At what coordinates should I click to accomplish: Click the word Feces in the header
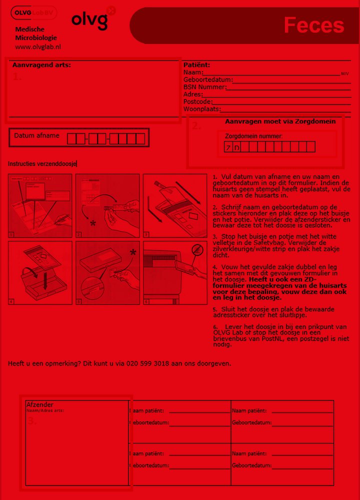313,25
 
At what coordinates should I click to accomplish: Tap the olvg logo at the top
90,20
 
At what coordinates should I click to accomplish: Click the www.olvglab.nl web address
38,47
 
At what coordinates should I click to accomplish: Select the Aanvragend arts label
41,65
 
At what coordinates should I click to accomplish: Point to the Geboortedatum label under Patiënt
208,80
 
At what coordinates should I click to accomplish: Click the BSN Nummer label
204,87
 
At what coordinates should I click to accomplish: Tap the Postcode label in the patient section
197,101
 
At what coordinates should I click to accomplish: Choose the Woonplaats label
201,109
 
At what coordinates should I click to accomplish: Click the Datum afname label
36,135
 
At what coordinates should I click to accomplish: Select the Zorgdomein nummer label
253,136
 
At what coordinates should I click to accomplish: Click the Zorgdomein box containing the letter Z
228,147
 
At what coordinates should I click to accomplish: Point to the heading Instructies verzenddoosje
42,164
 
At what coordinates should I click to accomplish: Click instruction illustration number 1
40,205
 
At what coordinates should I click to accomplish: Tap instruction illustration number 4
40,273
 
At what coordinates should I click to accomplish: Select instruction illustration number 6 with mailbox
175,273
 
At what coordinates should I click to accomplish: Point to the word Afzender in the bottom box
39,404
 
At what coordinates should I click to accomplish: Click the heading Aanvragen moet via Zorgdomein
280,121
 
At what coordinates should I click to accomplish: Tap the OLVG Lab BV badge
34,12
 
